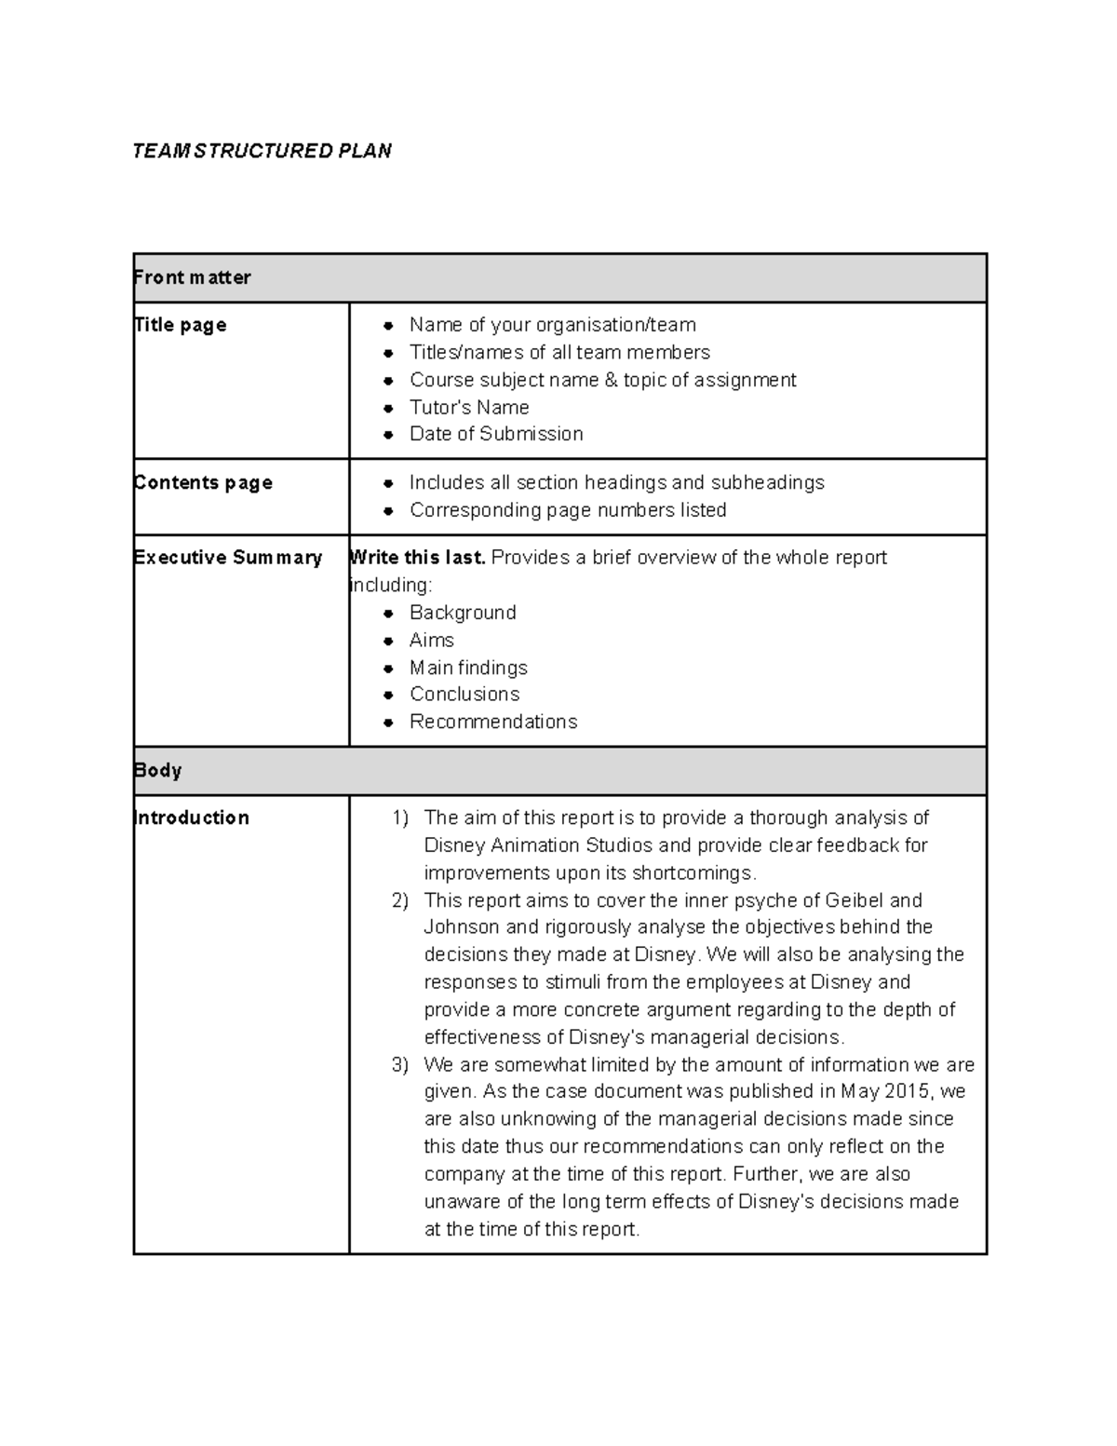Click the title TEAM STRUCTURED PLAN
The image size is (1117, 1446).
[x=262, y=151]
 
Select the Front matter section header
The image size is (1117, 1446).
[x=193, y=277]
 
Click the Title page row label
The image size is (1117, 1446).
[x=181, y=325]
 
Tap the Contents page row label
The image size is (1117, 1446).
[x=203, y=482]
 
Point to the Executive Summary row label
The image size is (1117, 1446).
[x=228, y=558]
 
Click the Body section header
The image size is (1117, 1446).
[x=157, y=770]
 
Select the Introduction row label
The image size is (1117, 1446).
[x=192, y=818]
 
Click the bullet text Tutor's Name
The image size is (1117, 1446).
[x=469, y=407]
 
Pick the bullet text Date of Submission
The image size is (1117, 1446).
[x=496, y=434]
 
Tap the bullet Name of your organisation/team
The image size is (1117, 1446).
[x=552, y=325]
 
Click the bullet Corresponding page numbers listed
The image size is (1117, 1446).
[x=568, y=510]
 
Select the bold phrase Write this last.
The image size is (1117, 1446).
[x=417, y=558]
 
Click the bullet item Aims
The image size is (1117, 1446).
[x=432, y=640]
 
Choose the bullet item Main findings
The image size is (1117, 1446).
[x=468, y=668]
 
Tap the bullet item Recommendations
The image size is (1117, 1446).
[x=493, y=722]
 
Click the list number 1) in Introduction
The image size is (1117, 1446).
[x=400, y=818]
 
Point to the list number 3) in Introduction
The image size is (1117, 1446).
[x=400, y=1064]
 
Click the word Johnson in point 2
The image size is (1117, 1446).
[x=462, y=927]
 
